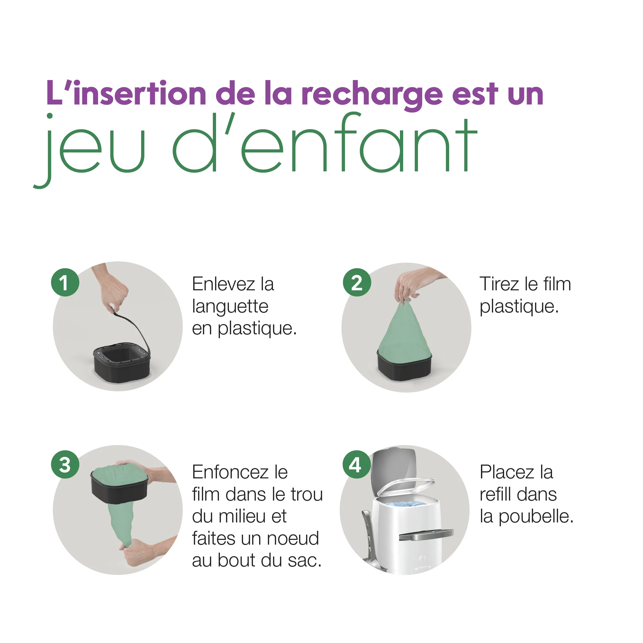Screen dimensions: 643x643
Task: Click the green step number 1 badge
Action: pyautogui.click(x=65, y=282)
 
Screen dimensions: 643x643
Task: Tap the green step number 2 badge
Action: pyautogui.click(x=357, y=282)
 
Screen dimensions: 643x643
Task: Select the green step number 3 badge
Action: pyautogui.click(x=65, y=465)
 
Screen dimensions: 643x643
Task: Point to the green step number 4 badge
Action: pyautogui.click(x=357, y=465)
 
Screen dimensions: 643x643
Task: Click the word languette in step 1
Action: pyautogui.click(x=230, y=307)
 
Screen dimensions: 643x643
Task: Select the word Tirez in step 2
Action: pyautogui.click(x=500, y=284)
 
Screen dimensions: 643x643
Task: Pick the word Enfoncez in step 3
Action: pyautogui.click(x=231, y=472)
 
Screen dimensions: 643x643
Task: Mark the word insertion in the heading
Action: pyautogui.click(x=140, y=94)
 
